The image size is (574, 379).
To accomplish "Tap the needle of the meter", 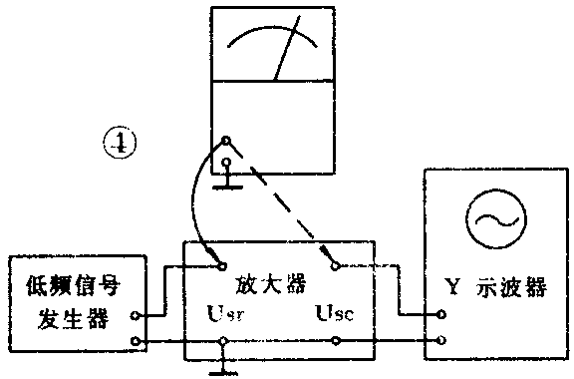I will tap(287, 56).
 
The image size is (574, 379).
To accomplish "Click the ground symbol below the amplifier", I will tap(222, 371).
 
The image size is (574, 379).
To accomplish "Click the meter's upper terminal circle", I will tap(226, 142).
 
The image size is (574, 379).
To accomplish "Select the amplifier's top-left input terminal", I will tap(220, 265).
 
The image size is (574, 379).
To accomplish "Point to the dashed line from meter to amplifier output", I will tap(284, 207).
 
